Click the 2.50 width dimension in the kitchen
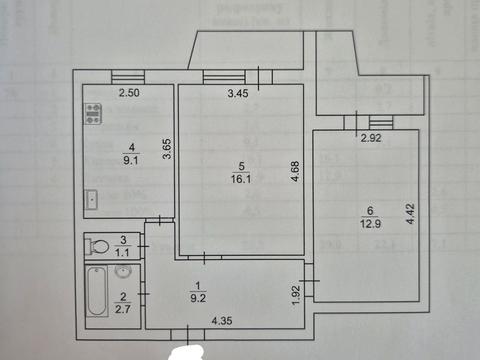click(x=130, y=94)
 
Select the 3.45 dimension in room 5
click(x=237, y=94)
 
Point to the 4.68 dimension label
click(x=295, y=171)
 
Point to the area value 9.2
click(x=200, y=294)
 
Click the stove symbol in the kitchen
click(x=95, y=113)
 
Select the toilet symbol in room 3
click(x=99, y=246)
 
